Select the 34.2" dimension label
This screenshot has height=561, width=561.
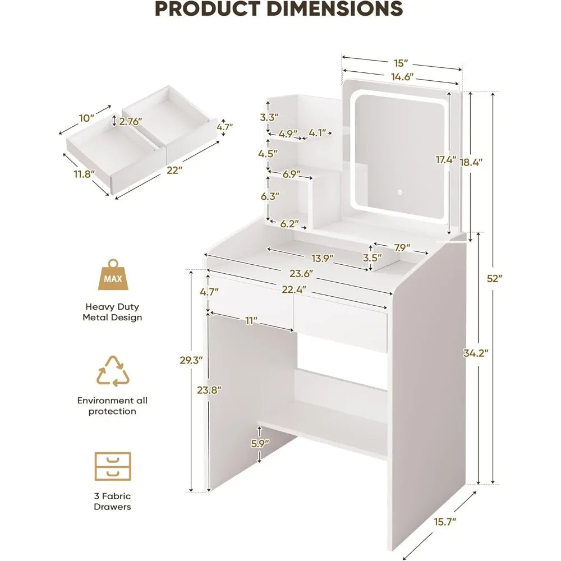pos(476,353)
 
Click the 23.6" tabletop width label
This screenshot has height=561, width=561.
pos(301,274)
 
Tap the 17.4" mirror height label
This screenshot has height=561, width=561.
pos(445,160)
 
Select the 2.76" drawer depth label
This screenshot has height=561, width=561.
pos(130,121)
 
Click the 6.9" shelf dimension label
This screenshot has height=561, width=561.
pos(292,174)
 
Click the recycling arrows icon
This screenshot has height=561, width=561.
pos(113,371)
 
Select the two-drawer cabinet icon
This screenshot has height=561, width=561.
pos(113,466)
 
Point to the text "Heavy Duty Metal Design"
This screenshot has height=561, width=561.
pos(112,312)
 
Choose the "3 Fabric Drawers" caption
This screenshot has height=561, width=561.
pos(112,502)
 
